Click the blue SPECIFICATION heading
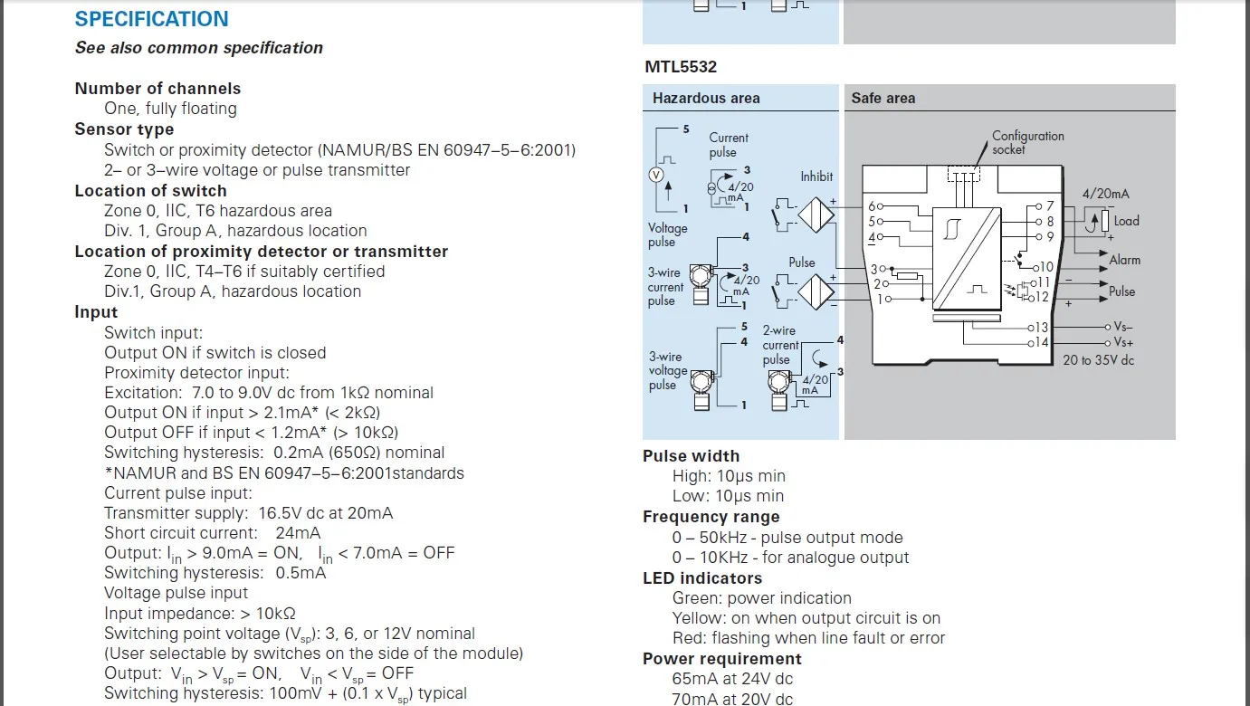(x=151, y=19)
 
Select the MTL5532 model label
(x=681, y=67)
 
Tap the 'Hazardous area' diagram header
(x=706, y=98)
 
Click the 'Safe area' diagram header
(x=883, y=98)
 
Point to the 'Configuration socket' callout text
(x=1027, y=142)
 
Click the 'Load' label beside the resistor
(x=1126, y=221)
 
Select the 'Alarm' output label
(x=1125, y=260)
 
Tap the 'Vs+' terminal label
(x=1123, y=342)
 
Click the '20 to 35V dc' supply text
(x=1098, y=359)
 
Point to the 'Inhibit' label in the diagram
(x=816, y=176)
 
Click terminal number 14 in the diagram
(x=1041, y=342)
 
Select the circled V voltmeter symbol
(x=658, y=175)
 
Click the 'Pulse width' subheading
(x=691, y=456)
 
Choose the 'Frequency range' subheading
(x=711, y=517)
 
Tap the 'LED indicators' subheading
(x=702, y=578)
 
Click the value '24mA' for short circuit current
(x=298, y=533)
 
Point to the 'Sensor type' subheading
(x=124, y=129)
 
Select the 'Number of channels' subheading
(x=157, y=89)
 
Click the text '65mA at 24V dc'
(x=732, y=679)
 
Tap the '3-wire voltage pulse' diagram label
(x=666, y=370)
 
